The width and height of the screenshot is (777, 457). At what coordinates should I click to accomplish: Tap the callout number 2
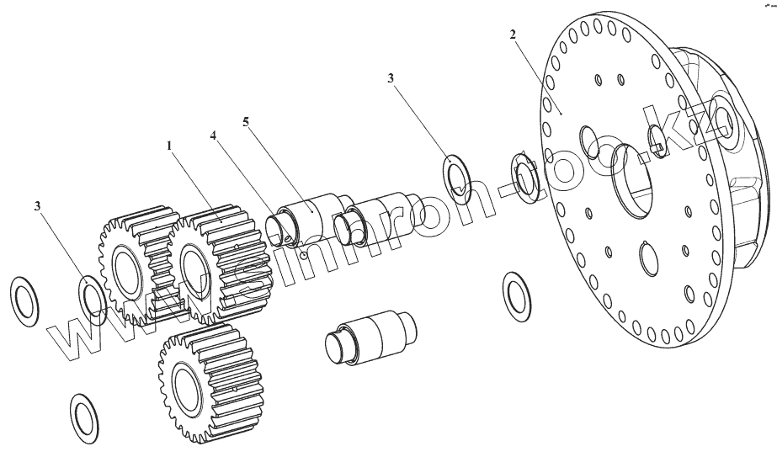click(x=513, y=35)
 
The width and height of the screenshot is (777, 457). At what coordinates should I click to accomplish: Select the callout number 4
click(x=214, y=135)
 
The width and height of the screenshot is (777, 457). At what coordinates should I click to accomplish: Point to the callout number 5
click(x=245, y=121)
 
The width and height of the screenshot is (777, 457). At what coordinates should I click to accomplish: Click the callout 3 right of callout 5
click(x=391, y=78)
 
